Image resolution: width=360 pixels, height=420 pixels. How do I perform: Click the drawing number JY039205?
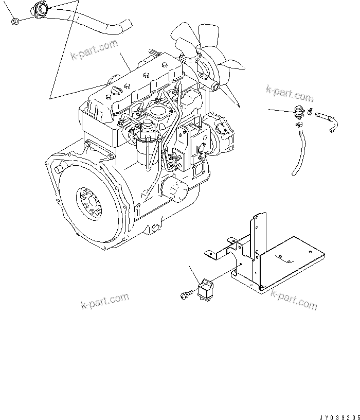(x=340, y=417)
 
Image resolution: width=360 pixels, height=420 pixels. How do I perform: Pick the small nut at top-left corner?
(x=15, y=22)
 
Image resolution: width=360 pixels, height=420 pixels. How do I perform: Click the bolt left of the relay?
(x=187, y=294)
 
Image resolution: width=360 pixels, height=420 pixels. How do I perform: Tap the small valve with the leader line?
(x=299, y=112)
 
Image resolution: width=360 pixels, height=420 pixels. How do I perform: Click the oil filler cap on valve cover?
(x=116, y=89)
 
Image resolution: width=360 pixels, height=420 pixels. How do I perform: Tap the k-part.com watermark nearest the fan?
(x=290, y=94)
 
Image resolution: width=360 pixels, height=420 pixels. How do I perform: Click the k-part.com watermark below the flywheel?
(x=104, y=300)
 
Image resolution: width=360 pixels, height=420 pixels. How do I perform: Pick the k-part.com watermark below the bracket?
(x=294, y=300)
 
